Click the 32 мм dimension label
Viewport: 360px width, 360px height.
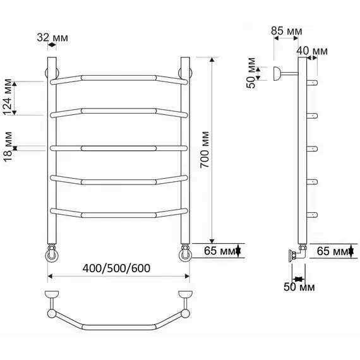pos(52,38)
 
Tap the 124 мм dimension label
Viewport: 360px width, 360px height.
pos(8,97)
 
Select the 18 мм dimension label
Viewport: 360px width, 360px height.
pos(8,147)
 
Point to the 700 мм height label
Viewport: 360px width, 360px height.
pos(205,150)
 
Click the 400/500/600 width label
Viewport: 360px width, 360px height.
pos(117,268)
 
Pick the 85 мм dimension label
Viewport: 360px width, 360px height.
pos(286,31)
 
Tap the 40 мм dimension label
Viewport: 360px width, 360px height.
pos(312,51)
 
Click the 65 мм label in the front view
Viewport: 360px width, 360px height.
pos(220,251)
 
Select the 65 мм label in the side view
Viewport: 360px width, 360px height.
pos(333,251)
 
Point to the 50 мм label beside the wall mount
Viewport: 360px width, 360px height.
pos(251,73)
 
